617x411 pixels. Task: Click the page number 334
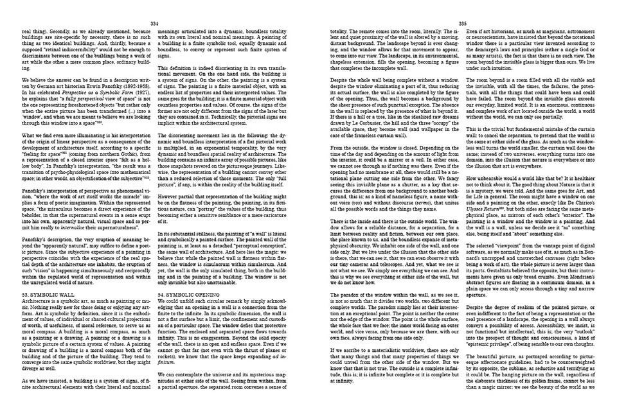click(x=154, y=21)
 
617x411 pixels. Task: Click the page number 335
click(x=461, y=21)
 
